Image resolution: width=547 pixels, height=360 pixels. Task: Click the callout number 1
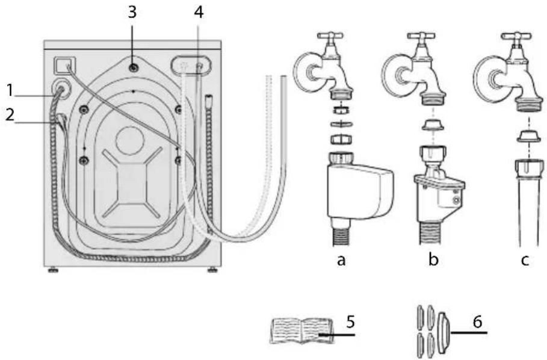click(x=10, y=90)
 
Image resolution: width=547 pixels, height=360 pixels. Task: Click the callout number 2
click(x=10, y=115)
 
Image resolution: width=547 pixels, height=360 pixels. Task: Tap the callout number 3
click(x=132, y=12)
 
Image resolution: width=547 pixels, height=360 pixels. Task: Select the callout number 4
click(x=198, y=13)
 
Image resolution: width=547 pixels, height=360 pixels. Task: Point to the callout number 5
click(x=350, y=321)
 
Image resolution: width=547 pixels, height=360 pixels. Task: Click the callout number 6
click(x=478, y=321)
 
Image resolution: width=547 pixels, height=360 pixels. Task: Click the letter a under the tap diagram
click(x=341, y=260)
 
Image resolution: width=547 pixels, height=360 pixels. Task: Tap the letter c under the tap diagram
click(x=525, y=260)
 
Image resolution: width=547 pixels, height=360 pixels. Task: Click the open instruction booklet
click(x=301, y=331)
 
